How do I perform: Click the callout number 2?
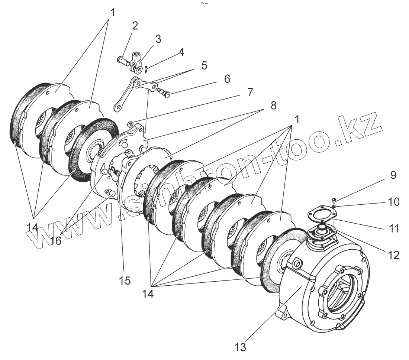pyautogui.click(x=135, y=26)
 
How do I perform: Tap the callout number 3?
pyautogui.click(x=158, y=39)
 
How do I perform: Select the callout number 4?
pyautogui.click(x=181, y=52)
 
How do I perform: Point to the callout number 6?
pyautogui.click(x=227, y=78)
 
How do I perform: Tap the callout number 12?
pyautogui.click(x=393, y=254)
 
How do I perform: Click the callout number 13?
pyautogui.click(x=241, y=348)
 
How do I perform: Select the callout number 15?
pyautogui.click(x=125, y=280)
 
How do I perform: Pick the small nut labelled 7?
pyautogui.click(x=131, y=123)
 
